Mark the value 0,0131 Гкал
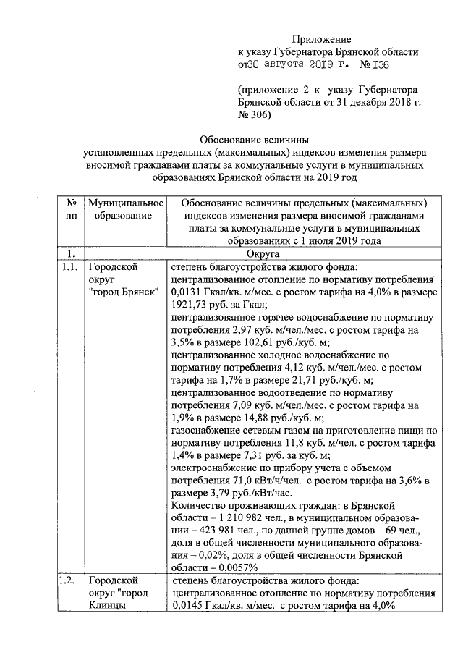point(205,291)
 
